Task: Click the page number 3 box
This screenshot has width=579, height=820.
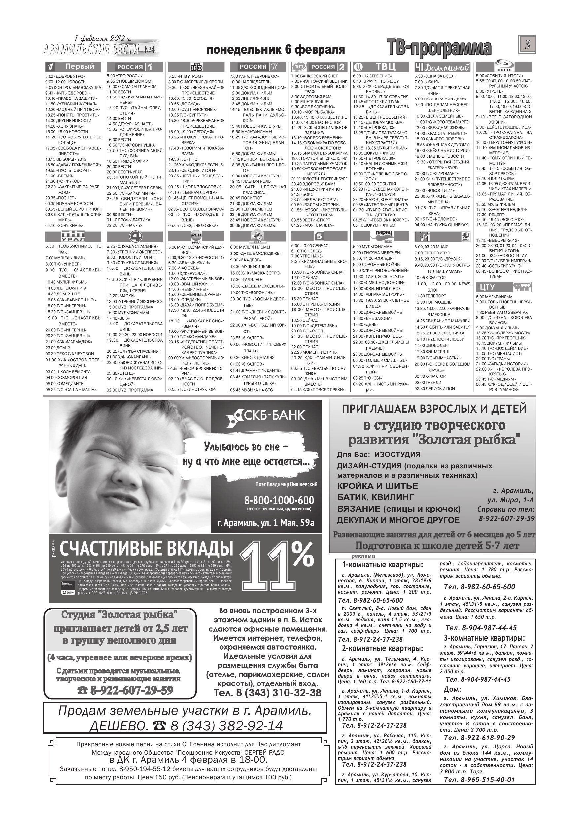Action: pos(527,45)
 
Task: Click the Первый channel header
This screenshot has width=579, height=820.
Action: pos(74,67)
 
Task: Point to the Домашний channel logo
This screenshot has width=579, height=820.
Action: pos(442,67)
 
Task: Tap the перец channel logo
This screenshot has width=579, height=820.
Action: pos(383,235)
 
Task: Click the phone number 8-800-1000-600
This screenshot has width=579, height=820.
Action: pos(279,500)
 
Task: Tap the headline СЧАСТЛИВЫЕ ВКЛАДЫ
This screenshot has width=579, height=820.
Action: pos(146,549)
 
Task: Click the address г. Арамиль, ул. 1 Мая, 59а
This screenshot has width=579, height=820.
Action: pos(265,523)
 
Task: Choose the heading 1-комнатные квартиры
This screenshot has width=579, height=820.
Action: pos(382,565)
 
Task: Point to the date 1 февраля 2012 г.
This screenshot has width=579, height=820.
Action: pos(103,38)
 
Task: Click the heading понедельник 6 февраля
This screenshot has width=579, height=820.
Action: pos(275,50)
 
